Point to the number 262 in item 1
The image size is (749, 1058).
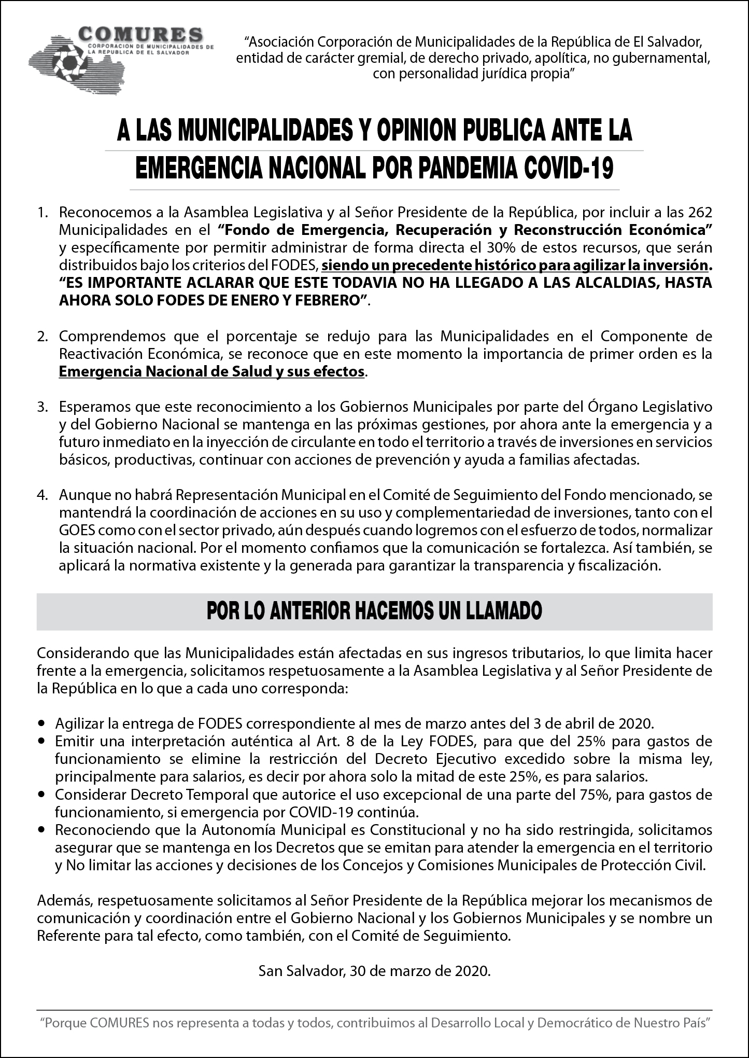700,213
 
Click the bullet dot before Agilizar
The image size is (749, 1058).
42,723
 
